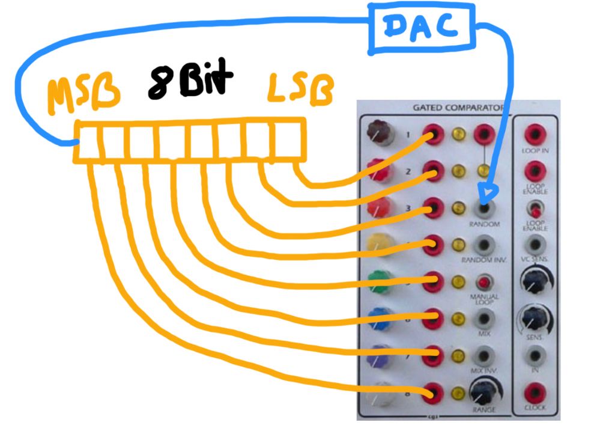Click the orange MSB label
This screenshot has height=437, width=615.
tap(83, 96)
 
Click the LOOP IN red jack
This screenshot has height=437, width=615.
tap(535, 135)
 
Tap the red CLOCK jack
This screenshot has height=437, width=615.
tap(535, 394)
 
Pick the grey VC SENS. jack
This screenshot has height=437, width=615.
tap(535, 244)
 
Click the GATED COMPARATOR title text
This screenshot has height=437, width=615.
tap(457, 108)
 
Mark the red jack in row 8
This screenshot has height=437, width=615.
tap(434, 394)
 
